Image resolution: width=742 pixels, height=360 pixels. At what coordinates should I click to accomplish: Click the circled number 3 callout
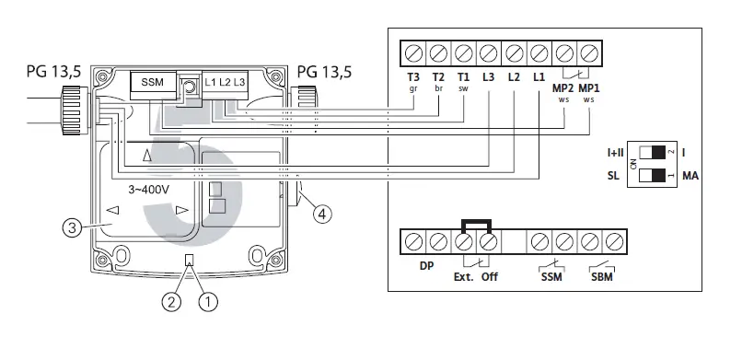[x=72, y=228]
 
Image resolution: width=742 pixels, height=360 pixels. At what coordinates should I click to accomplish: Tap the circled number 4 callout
[x=322, y=214]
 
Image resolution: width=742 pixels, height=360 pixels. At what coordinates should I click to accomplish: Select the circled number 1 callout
[x=208, y=301]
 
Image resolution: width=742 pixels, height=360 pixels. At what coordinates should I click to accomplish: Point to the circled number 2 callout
[x=171, y=301]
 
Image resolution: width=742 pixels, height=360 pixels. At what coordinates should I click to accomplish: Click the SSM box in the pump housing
[x=153, y=82]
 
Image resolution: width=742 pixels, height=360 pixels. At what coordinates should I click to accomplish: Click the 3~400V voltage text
[x=149, y=191]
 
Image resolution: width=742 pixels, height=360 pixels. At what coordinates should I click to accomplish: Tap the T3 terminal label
[x=413, y=77]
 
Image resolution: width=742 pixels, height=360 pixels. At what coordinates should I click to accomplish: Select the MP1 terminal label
[x=588, y=88]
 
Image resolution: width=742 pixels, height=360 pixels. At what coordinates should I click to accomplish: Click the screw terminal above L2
[x=514, y=53]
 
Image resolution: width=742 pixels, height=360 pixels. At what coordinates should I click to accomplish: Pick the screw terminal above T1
[x=463, y=53]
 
